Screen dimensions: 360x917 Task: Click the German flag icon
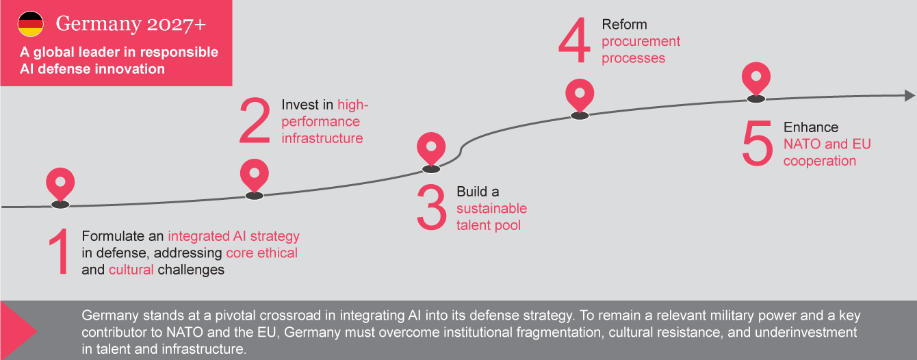point(30,24)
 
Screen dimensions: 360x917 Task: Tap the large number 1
point(59,253)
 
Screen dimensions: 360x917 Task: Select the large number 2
point(255,121)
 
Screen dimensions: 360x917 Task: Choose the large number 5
point(757,144)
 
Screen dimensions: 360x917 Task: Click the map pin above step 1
point(60,183)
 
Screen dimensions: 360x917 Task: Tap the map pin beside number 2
point(255,175)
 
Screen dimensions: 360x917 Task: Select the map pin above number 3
point(431,149)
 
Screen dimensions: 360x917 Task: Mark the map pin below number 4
point(580,96)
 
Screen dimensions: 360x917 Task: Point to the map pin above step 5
point(755,79)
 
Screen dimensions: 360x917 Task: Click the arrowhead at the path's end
point(909,96)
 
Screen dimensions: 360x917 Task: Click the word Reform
point(624,25)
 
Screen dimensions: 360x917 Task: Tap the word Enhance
point(810,127)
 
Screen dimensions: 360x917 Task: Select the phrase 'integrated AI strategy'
point(233,236)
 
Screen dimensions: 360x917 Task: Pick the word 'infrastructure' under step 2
point(322,138)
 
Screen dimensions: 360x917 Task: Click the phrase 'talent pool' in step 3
point(488,224)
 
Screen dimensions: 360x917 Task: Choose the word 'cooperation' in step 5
point(819,161)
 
